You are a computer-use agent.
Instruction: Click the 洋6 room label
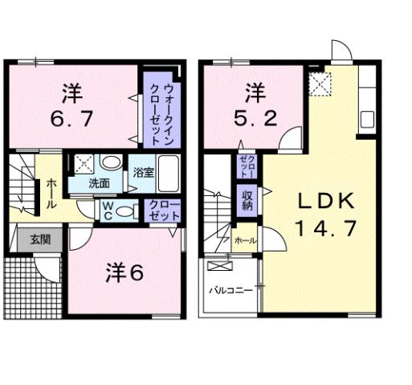(124, 273)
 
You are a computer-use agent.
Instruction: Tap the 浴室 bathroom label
(143, 172)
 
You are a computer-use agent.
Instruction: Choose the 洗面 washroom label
(100, 183)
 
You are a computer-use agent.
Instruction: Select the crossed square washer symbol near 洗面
(83, 164)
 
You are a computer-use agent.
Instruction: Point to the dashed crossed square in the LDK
(321, 82)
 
